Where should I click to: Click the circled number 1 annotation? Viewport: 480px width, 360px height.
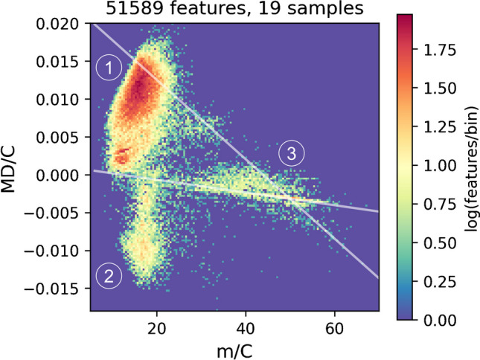click(109, 68)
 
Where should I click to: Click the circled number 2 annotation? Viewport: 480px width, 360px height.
click(109, 277)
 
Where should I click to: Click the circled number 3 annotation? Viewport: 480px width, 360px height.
click(292, 154)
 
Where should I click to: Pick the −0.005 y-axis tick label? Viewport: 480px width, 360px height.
click(58, 213)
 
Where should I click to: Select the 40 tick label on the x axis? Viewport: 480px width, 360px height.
click(246, 326)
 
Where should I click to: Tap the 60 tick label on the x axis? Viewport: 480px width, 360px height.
click(334, 326)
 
